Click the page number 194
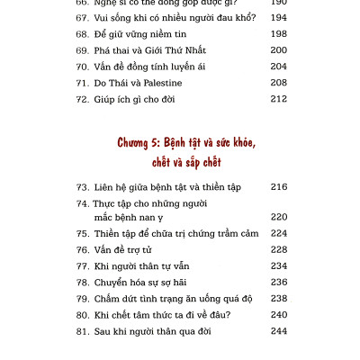(x=280, y=19)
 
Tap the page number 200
(x=280, y=50)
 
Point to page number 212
(x=280, y=98)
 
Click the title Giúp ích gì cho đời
(x=135, y=98)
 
